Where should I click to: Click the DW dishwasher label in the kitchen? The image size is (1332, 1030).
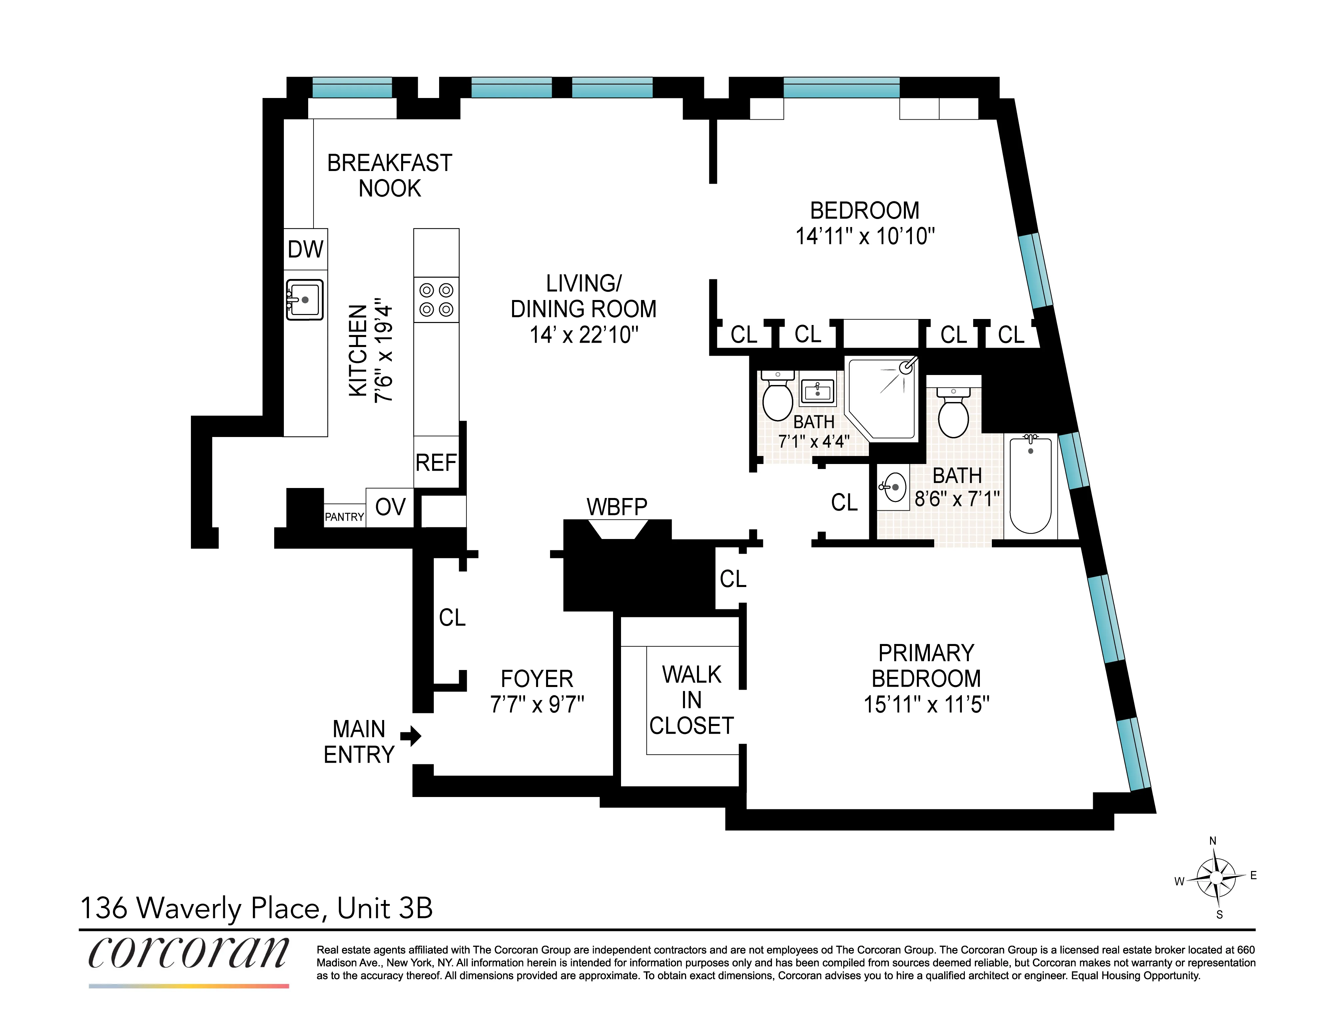coord(306,249)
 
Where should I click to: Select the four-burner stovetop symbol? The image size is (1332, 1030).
coord(436,300)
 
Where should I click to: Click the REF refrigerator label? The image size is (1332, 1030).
coord(435,463)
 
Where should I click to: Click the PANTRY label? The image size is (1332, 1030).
coord(344,517)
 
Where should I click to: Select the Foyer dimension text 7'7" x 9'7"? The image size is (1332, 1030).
coord(537,704)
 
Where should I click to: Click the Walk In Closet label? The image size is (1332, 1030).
coord(692,700)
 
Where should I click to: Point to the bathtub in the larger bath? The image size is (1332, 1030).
coord(1030,485)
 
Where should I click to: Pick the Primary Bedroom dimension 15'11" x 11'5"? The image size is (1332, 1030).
coord(926,705)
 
